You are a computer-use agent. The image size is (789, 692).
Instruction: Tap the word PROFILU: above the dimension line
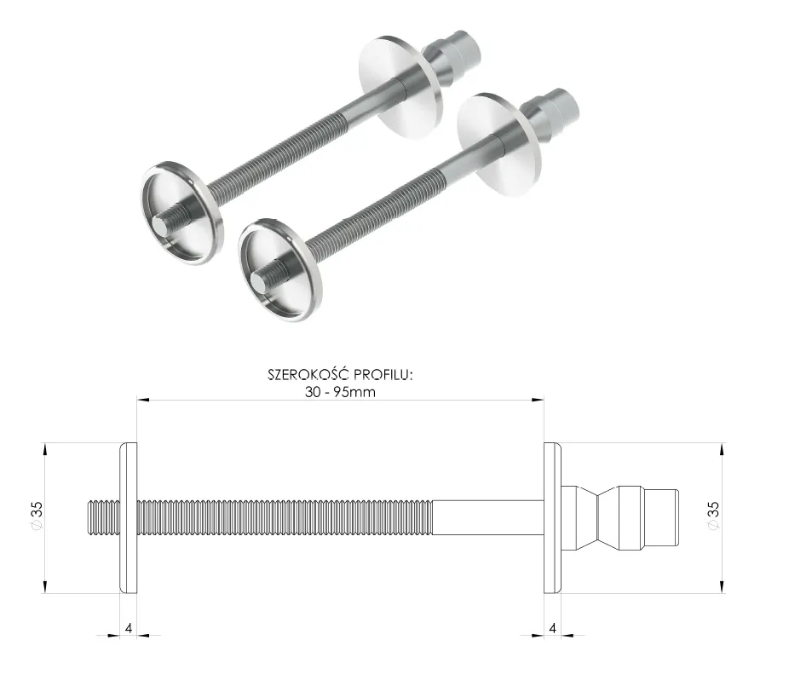[384, 376]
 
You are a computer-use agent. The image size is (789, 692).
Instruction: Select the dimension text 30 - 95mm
[341, 392]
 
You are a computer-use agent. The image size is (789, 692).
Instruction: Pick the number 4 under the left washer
[128, 629]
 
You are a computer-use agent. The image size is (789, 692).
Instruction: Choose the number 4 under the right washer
[553, 629]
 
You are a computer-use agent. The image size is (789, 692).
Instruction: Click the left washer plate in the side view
[130, 517]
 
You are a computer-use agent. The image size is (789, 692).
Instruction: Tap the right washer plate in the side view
[553, 517]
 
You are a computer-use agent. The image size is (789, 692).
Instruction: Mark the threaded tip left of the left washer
[105, 517]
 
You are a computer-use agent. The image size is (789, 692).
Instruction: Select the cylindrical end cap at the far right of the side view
[662, 517]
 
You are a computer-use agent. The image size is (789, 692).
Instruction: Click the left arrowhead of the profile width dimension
[143, 398]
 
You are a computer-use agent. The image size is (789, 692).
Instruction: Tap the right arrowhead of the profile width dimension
[538, 398]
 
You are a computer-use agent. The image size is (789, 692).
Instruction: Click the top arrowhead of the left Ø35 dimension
[43, 448]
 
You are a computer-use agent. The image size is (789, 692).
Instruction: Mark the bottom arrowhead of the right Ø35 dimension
[723, 586]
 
